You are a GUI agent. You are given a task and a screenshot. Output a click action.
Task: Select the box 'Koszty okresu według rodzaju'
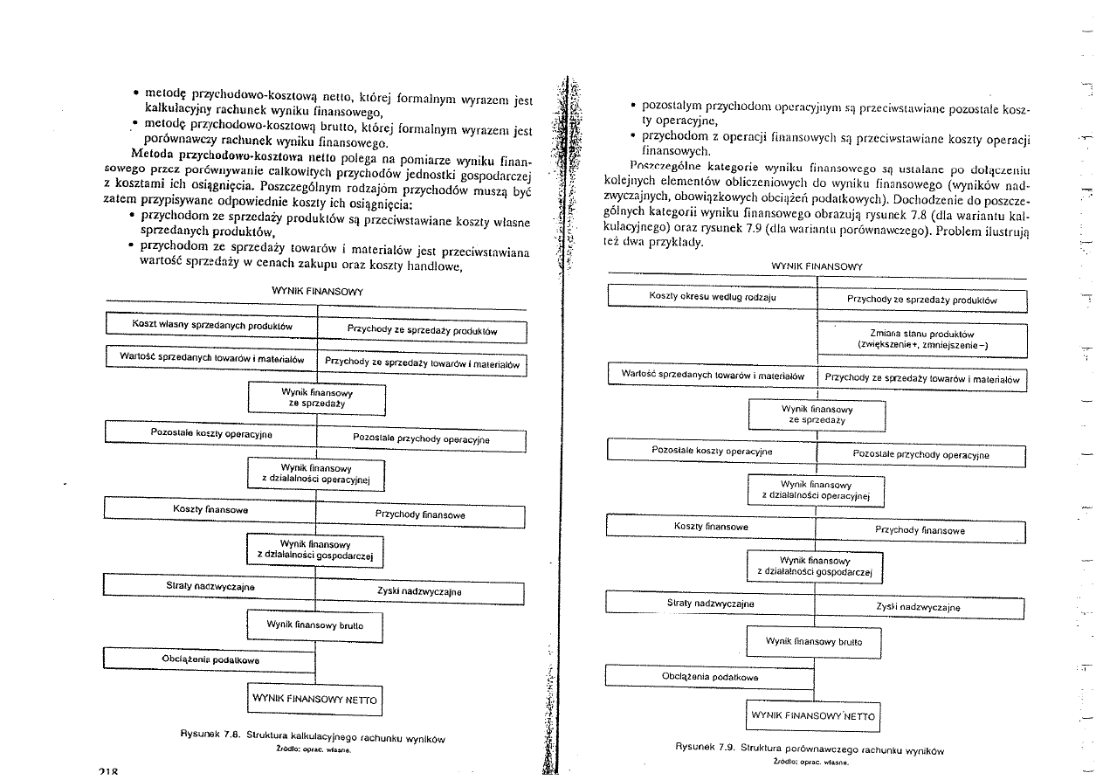tap(712, 297)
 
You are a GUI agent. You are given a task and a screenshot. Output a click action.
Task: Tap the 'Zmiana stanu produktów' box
tap(921, 340)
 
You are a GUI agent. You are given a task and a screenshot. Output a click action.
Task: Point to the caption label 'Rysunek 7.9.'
tap(706, 749)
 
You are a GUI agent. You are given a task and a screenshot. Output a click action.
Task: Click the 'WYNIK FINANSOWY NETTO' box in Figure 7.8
tap(314, 699)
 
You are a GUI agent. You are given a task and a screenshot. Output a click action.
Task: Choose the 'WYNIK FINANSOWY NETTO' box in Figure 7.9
tap(814, 715)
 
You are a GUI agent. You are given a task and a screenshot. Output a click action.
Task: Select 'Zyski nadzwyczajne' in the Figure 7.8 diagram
tap(418, 592)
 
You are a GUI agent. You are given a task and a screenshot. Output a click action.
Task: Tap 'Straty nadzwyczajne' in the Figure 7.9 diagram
tap(710, 604)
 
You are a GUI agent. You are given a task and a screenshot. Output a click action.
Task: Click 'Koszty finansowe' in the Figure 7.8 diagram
tap(210, 508)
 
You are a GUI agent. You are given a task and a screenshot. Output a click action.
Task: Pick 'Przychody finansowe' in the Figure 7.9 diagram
tap(920, 530)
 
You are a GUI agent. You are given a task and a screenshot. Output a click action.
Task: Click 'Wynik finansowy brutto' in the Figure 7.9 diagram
tap(814, 642)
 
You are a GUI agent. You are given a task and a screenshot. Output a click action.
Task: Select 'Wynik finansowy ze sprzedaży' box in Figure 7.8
tap(316, 399)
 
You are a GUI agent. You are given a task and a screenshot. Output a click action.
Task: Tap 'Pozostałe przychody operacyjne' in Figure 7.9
tap(920, 455)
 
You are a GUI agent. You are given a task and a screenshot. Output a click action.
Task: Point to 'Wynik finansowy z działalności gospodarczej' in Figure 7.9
tap(816, 566)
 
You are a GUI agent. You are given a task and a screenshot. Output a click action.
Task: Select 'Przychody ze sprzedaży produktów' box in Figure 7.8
tap(422, 332)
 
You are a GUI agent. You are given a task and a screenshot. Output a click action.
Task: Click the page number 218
tap(109, 773)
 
